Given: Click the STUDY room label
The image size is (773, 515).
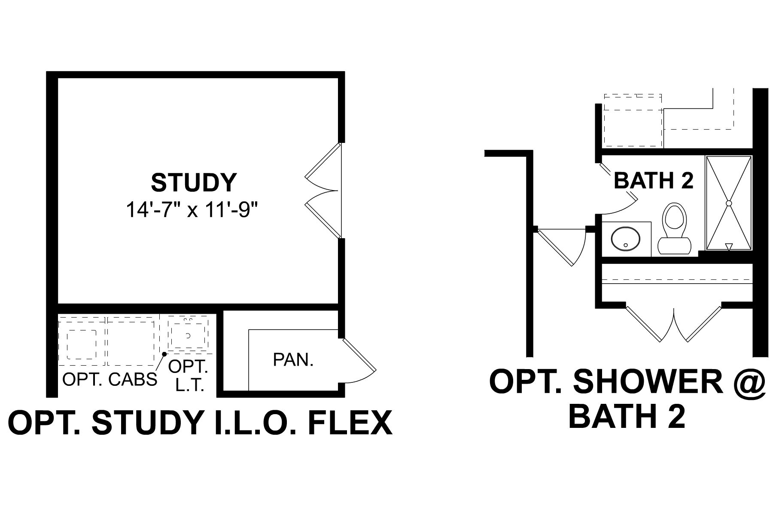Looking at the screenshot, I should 193,182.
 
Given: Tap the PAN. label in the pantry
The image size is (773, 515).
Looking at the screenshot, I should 293,360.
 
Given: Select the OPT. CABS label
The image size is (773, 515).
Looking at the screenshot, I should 110,379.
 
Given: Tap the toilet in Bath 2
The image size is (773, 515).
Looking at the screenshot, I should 673,230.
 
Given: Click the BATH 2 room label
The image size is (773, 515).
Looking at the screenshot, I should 654,181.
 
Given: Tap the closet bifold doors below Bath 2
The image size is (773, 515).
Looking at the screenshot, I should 673,324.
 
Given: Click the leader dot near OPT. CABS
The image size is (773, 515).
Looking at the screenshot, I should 164,354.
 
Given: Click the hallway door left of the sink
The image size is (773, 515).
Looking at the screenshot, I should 560,247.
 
